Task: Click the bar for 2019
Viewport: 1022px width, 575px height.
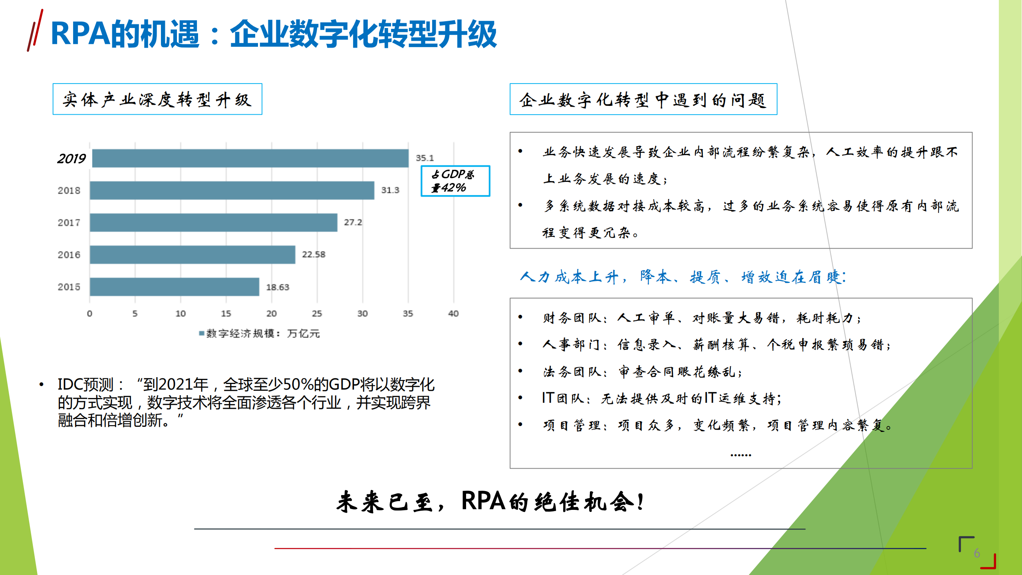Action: coord(250,158)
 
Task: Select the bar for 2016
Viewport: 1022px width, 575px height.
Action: coord(192,255)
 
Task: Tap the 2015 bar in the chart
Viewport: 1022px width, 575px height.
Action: coord(175,287)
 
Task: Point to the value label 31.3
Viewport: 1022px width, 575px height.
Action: coord(390,190)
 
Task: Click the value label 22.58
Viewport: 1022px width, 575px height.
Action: coord(314,255)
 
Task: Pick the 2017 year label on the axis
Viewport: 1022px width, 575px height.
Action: coord(69,223)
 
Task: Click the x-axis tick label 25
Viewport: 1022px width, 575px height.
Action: coord(317,314)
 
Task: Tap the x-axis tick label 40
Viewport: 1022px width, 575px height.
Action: coord(453,314)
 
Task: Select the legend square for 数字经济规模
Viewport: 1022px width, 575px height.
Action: coord(202,333)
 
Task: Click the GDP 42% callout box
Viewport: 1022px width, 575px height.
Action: coord(455,181)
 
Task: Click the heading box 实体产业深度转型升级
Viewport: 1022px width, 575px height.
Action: coord(157,99)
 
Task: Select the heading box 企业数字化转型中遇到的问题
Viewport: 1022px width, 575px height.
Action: coord(643,99)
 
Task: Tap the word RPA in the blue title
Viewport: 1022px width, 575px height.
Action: coord(80,34)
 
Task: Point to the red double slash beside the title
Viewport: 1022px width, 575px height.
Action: coord(35,31)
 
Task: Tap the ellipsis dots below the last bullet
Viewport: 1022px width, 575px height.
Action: coord(740,455)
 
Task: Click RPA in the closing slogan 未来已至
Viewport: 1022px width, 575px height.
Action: coord(483,501)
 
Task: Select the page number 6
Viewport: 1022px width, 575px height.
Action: coord(977,553)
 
